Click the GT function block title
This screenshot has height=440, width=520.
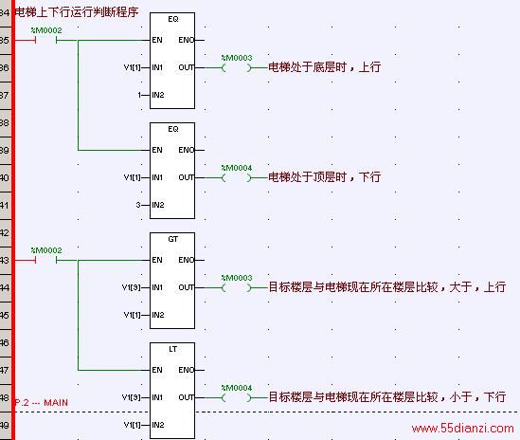click(x=172, y=239)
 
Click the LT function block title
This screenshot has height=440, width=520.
click(x=172, y=349)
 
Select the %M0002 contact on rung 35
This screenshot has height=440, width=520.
click(x=46, y=40)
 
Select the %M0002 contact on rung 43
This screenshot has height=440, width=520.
click(x=46, y=260)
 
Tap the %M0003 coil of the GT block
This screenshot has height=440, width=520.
click(x=237, y=287)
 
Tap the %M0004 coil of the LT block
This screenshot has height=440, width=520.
click(x=237, y=397)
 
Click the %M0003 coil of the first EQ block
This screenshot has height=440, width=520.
click(x=237, y=67)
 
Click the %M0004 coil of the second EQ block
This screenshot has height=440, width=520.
click(x=237, y=177)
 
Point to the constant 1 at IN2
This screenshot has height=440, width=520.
click(x=139, y=96)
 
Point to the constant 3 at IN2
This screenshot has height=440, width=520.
click(x=138, y=205)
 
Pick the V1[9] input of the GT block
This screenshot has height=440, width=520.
click(x=132, y=287)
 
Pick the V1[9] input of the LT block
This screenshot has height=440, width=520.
click(x=132, y=397)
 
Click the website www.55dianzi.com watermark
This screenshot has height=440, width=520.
click(x=462, y=429)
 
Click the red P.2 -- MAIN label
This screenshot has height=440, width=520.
click(x=42, y=403)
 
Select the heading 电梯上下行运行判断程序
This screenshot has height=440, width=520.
click(x=77, y=12)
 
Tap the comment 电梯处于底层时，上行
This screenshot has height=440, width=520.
click(x=324, y=67)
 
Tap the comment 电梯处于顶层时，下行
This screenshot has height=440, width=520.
click(x=324, y=177)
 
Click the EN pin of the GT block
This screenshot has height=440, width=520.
click(x=157, y=260)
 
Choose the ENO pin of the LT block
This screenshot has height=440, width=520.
click(x=186, y=370)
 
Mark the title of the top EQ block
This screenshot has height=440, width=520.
click(x=173, y=19)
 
